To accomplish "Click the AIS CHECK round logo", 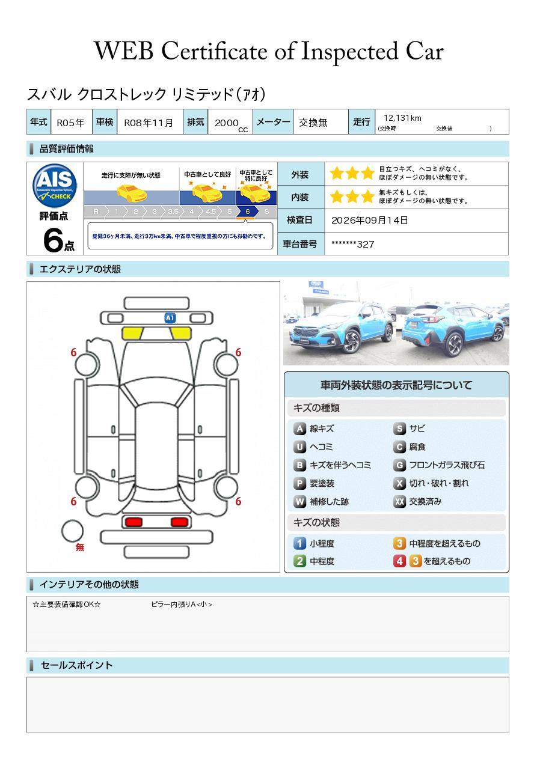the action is pos(55,186).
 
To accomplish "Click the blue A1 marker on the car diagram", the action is pos(170,318).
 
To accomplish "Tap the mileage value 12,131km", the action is pos(402,118).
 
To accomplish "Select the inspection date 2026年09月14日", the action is pos(370,220).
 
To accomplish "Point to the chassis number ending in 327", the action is pos(352,244).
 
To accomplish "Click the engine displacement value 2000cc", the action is pos(231,124).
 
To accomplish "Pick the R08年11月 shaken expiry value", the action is pos(149,123).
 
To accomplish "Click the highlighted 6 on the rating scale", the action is pos(248,212).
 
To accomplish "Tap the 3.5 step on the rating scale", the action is pos(173,212).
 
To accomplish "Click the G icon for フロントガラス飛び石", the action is pos(399,465).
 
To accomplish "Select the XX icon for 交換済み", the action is pos(399,501).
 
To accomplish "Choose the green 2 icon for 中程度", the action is pos(299,561).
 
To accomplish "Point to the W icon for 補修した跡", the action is pos(299,501).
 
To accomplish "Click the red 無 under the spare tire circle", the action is pos(80,547).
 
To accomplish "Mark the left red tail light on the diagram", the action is pos(133,522).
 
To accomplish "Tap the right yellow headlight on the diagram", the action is pos(181,334).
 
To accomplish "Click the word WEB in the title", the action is pos(124,51).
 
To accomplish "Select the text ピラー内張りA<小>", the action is pos(182,604).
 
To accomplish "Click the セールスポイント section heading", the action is pos(76,665).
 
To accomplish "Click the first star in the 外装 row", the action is pos(337,173).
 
